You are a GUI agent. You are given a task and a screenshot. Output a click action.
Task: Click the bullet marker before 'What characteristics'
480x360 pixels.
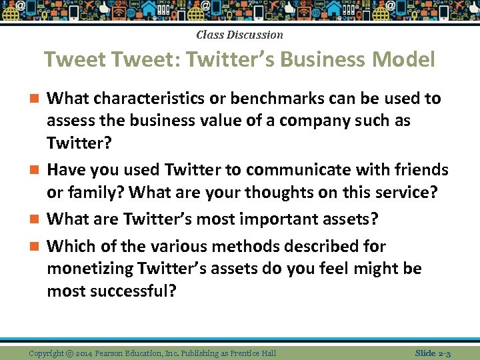click(36, 99)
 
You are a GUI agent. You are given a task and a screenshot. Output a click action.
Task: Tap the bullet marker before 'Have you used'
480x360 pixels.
click(36, 171)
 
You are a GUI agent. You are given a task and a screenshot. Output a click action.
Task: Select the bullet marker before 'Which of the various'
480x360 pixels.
click(36, 247)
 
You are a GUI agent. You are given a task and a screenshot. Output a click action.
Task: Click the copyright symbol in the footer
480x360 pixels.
click(69, 353)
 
